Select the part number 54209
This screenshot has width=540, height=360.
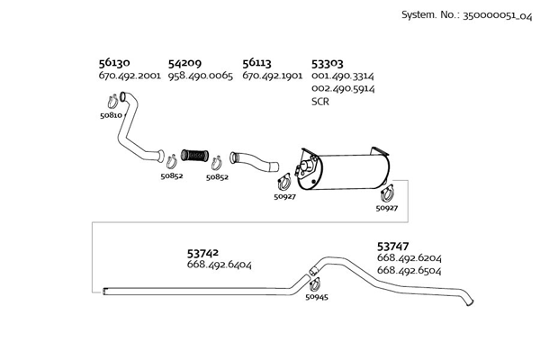[184, 64]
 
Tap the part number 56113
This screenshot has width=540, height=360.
[257, 64]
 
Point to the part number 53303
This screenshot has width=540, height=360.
[327, 64]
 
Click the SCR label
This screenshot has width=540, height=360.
[320, 102]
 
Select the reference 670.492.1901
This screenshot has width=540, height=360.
[273, 76]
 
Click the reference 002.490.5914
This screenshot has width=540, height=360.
[343, 89]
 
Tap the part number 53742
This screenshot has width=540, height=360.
[203, 254]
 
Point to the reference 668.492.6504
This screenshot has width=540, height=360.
[409, 270]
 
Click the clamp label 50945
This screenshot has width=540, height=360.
[318, 296]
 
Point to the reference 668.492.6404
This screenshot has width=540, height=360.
[219, 265]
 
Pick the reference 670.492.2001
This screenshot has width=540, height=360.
[130, 76]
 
